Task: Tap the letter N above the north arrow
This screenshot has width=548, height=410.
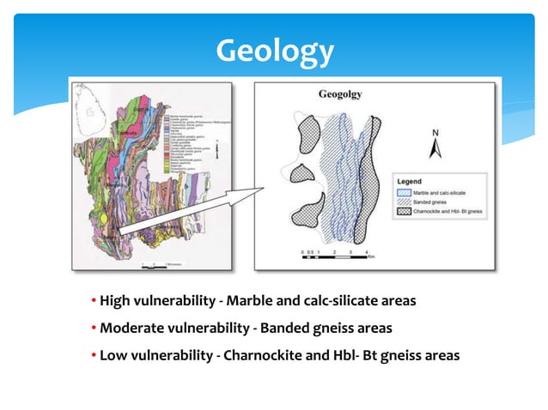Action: (x=436, y=134)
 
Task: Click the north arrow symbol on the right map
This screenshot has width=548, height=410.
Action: (x=436, y=151)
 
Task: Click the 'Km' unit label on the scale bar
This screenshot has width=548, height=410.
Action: (x=371, y=256)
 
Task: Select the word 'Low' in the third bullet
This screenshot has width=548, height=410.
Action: (x=113, y=354)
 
